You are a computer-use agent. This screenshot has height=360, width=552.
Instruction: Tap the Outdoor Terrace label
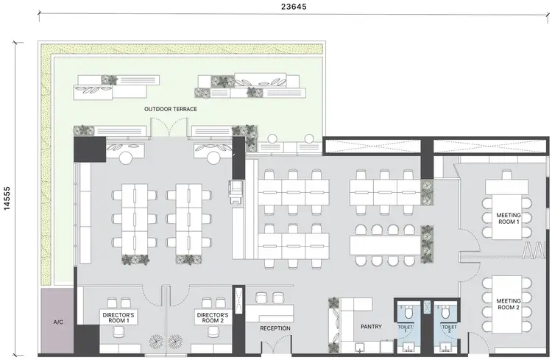coord(171,109)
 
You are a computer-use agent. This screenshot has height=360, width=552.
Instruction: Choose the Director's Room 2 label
coord(213,318)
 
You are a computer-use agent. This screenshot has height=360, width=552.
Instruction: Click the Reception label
coord(275,328)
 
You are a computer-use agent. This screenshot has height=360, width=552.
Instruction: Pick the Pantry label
coord(370,325)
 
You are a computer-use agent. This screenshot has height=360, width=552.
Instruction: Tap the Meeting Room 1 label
coord(508,218)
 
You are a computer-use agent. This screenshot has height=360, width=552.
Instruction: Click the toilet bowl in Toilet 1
coord(404,311)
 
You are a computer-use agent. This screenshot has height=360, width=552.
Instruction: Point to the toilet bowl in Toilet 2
coord(444,311)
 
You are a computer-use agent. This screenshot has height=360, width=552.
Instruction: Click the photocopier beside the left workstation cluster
coord(237,191)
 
